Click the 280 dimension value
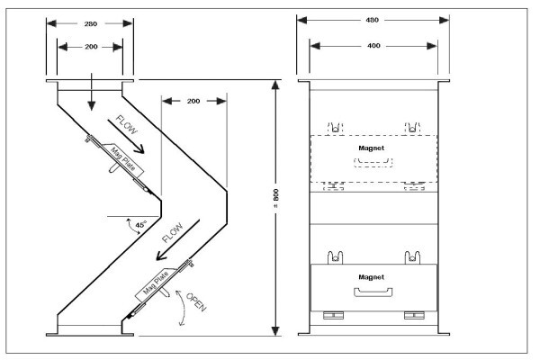click(91, 23)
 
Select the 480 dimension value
click(373, 20)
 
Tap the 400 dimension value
click(373, 46)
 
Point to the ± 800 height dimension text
click(276, 198)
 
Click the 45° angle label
click(141, 225)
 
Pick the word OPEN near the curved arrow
click(196, 302)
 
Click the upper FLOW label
click(126, 125)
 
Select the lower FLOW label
click(173, 233)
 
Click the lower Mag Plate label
click(156, 283)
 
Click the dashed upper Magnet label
click(371, 148)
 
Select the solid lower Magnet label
click(371, 277)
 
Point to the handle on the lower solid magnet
click(373, 292)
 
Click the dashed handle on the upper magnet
click(373, 163)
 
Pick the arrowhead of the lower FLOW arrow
click(161, 256)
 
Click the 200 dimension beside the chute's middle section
click(193, 101)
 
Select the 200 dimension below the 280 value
click(91, 47)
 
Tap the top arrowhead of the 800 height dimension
click(275, 85)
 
